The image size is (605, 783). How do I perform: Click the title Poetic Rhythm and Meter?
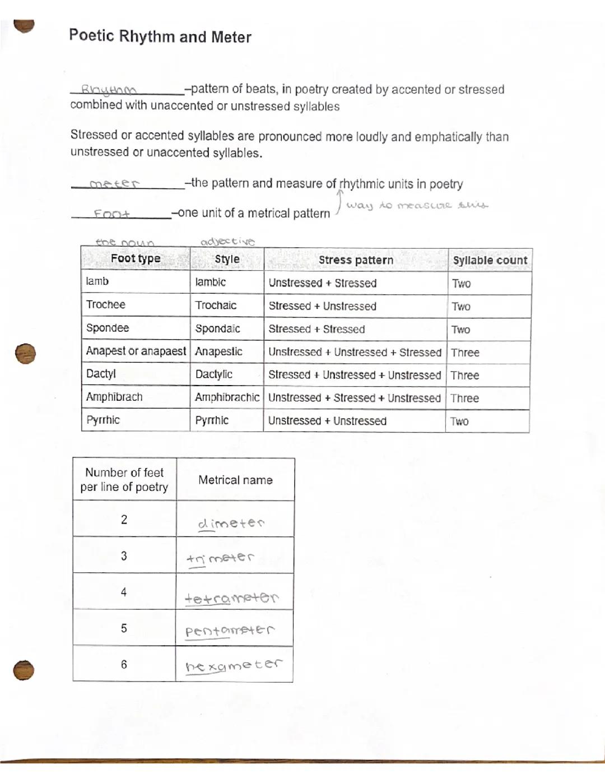click(160, 36)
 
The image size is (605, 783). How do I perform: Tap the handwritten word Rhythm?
click(109, 90)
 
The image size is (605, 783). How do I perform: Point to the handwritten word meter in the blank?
click(114, 183)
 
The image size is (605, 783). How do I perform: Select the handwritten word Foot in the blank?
click(111, 214)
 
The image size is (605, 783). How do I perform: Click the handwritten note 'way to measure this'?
click(417, 205)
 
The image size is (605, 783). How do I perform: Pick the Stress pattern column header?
click(356, 260)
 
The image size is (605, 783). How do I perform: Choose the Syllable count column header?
click(490, 260)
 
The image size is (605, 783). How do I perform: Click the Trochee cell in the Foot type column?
click(106, 305)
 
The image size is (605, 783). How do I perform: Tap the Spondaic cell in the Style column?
click(217, 328)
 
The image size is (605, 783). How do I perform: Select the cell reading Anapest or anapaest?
click(136, 351)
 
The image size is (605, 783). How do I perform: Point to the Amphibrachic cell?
click(227, 397)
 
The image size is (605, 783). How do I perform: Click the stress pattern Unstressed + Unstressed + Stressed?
click(355, 352)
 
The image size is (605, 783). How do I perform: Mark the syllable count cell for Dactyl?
click(465, 376)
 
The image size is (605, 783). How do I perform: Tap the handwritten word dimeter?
click(231, 523)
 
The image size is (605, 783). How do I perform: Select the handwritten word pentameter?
click(230, 631)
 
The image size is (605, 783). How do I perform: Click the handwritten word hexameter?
click(233, 665)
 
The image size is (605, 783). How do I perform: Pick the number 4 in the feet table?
click(124, 592)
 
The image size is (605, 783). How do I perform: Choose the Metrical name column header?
click(235, 480)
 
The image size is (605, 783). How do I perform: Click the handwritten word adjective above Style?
click(227, 242)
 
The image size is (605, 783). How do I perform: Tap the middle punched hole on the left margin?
click(25, 354)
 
